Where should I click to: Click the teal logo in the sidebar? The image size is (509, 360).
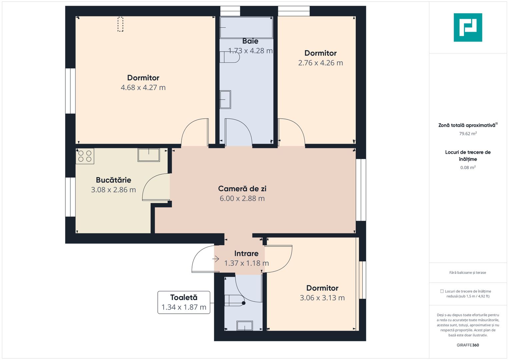click(468, 27)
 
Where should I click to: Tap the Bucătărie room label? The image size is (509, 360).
click(113, 180)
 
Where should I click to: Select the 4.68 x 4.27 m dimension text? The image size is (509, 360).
click(143, 88)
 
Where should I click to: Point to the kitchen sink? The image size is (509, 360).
click(149, 155)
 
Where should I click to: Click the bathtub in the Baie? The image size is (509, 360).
click(246, 28)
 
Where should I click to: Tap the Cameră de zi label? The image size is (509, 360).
click(242, 189)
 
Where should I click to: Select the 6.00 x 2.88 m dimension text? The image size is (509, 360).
click(242, 199)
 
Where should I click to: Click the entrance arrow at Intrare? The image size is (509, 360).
click(216, 259)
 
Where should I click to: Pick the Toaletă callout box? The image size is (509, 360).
click(184, 302)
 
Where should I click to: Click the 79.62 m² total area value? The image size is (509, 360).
click(468, 134)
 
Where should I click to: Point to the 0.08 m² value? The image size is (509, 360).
click(468, 168)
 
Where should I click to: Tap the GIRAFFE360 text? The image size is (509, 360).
click(468, 345)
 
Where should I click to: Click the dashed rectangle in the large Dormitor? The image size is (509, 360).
click(120, 24)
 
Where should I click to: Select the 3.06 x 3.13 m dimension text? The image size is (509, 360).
click(322, 298)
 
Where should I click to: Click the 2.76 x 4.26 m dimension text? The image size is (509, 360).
click(320, 63)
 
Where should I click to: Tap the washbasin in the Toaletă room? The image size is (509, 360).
click(244, 326)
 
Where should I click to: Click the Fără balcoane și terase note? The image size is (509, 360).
click(468, 273)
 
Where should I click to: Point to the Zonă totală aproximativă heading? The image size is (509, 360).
click(467, 125)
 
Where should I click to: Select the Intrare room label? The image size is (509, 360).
click(246, 254)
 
